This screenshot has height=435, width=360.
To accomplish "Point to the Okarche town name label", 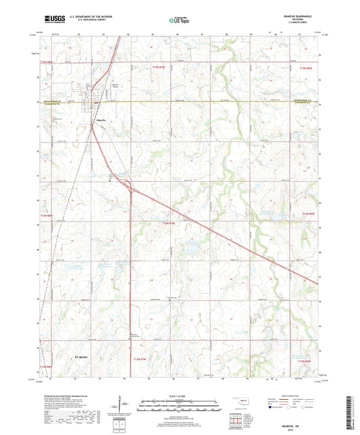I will [x=99, y=119].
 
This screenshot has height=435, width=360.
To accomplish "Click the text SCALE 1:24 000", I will [x=180, y=395].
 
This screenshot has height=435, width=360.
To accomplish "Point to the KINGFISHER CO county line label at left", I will [x=49, y=101].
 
